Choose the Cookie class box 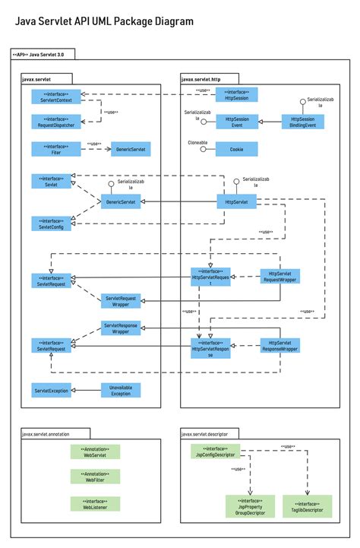237,149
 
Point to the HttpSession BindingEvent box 302,122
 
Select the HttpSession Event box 237,122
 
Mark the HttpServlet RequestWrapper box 280,277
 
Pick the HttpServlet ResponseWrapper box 280,347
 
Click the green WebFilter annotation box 95,477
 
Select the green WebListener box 95,504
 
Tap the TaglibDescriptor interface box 308,507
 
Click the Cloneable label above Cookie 197,142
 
